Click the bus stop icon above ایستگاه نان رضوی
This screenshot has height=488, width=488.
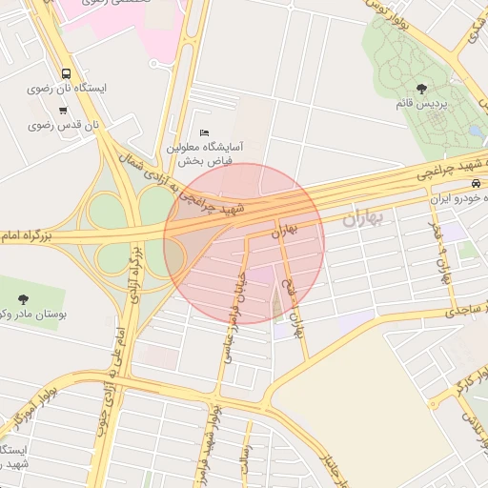[65, 73]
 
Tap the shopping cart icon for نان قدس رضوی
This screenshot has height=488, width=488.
[63, 111]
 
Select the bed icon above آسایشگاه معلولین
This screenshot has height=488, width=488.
[205, 132]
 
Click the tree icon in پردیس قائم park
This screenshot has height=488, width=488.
[421, 89]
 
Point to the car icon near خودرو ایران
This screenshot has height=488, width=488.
[476, 184]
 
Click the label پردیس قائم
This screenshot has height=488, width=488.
[420, 103]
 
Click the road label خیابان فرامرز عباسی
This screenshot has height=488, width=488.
[234, 314]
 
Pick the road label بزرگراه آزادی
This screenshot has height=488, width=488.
[134, 272]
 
